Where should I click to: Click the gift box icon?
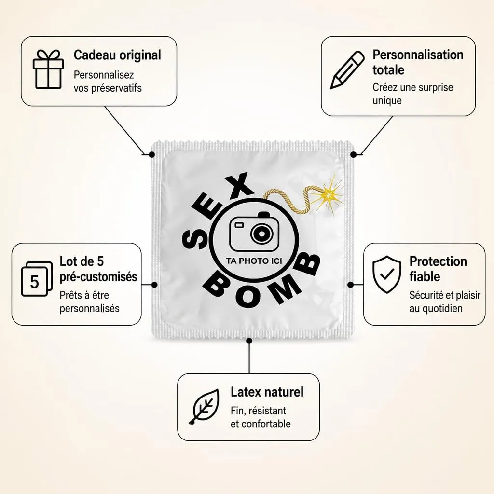point(48,69)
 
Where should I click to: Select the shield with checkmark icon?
point(386,274)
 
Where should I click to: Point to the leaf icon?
point(204,406)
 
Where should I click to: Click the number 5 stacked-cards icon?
point(37,279)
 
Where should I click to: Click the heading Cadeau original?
point(117,55)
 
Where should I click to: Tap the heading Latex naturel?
point(267,392)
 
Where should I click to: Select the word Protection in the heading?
point(438,261)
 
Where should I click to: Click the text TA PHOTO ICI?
point(254,261)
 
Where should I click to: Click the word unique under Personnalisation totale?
point(387,101)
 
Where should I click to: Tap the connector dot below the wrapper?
point(249,341)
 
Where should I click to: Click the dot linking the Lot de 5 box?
point(154,285)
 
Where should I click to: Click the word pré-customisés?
point(98,277)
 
